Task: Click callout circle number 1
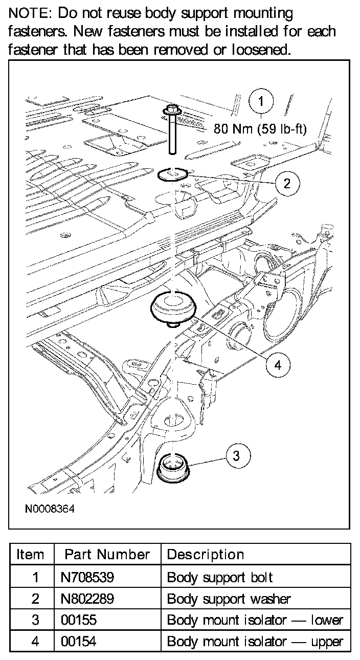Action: pyautogui.click(x=261, y=102)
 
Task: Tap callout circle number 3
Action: pyautogui.click(x=236, y=455)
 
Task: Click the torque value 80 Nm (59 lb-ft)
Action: pyautogui.click(x=260, y=129)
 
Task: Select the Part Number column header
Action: pyautogui.click(x=107, y=555)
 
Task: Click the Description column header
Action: pyautogui.click(x=206, y=555)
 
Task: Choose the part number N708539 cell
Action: pyautogui.click(x=87, y=578)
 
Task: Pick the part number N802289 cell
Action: pyautogui.click(x=87, y=599)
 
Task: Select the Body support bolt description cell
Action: pyautogui.click(x=220, y=578)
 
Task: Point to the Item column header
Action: pyautogui.click(x=31, y=555)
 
